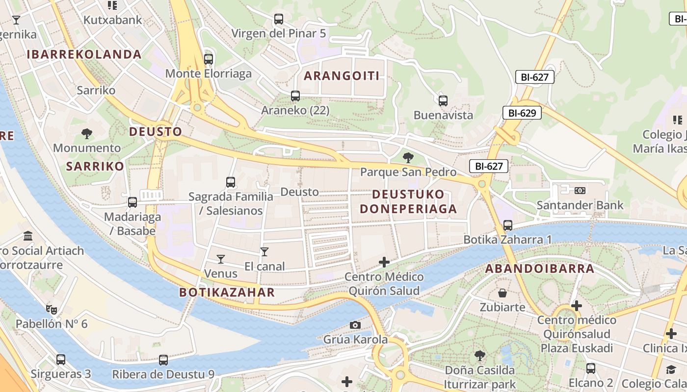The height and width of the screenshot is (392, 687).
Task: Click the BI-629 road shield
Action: (522, 113)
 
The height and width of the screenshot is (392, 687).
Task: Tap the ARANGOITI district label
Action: (342, 76)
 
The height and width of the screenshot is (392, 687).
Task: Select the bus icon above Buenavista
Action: (443, 101)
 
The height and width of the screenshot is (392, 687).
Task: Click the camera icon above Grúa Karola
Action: (355, 325)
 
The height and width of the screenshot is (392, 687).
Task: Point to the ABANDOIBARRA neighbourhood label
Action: (540, 269)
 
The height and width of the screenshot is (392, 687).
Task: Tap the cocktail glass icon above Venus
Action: (220, 258)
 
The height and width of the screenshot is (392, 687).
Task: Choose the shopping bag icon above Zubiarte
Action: (502, 293)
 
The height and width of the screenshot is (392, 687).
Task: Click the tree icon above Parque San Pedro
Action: (408, 157)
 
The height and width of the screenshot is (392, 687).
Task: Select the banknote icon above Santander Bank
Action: (580, 190)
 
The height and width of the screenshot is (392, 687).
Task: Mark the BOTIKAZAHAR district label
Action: (227, 293)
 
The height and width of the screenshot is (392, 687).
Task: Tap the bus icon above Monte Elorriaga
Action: (209, 59)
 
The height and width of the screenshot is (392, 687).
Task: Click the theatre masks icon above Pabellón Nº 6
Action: (51, 309)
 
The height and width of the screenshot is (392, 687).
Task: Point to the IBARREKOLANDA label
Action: (84, 54)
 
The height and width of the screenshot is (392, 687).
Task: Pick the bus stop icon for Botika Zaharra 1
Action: (508, 225)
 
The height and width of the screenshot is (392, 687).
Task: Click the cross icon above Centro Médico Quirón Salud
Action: (384, 262)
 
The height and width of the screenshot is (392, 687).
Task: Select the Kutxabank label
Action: (113, 20)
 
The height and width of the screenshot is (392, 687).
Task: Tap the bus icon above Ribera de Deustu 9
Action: (163, 360)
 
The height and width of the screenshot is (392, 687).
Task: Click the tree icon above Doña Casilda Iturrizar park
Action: (480, 355)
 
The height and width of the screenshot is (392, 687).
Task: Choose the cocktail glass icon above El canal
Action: (264, 252)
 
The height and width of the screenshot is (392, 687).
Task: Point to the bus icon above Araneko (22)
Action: (295, 96)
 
